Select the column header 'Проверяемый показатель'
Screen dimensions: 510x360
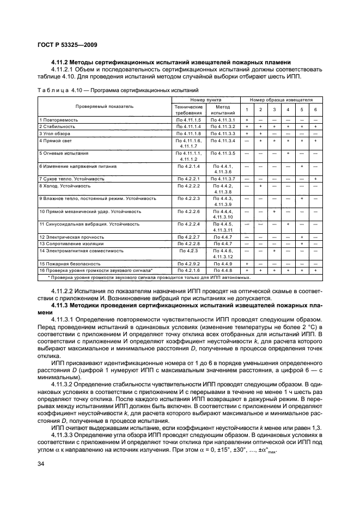point(104,107)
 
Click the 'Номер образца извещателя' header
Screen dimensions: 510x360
point(281,100)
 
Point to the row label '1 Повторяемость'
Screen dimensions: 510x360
point(59,119)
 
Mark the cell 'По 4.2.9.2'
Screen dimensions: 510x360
point(189,263)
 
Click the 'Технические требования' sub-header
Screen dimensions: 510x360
point(189,110)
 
